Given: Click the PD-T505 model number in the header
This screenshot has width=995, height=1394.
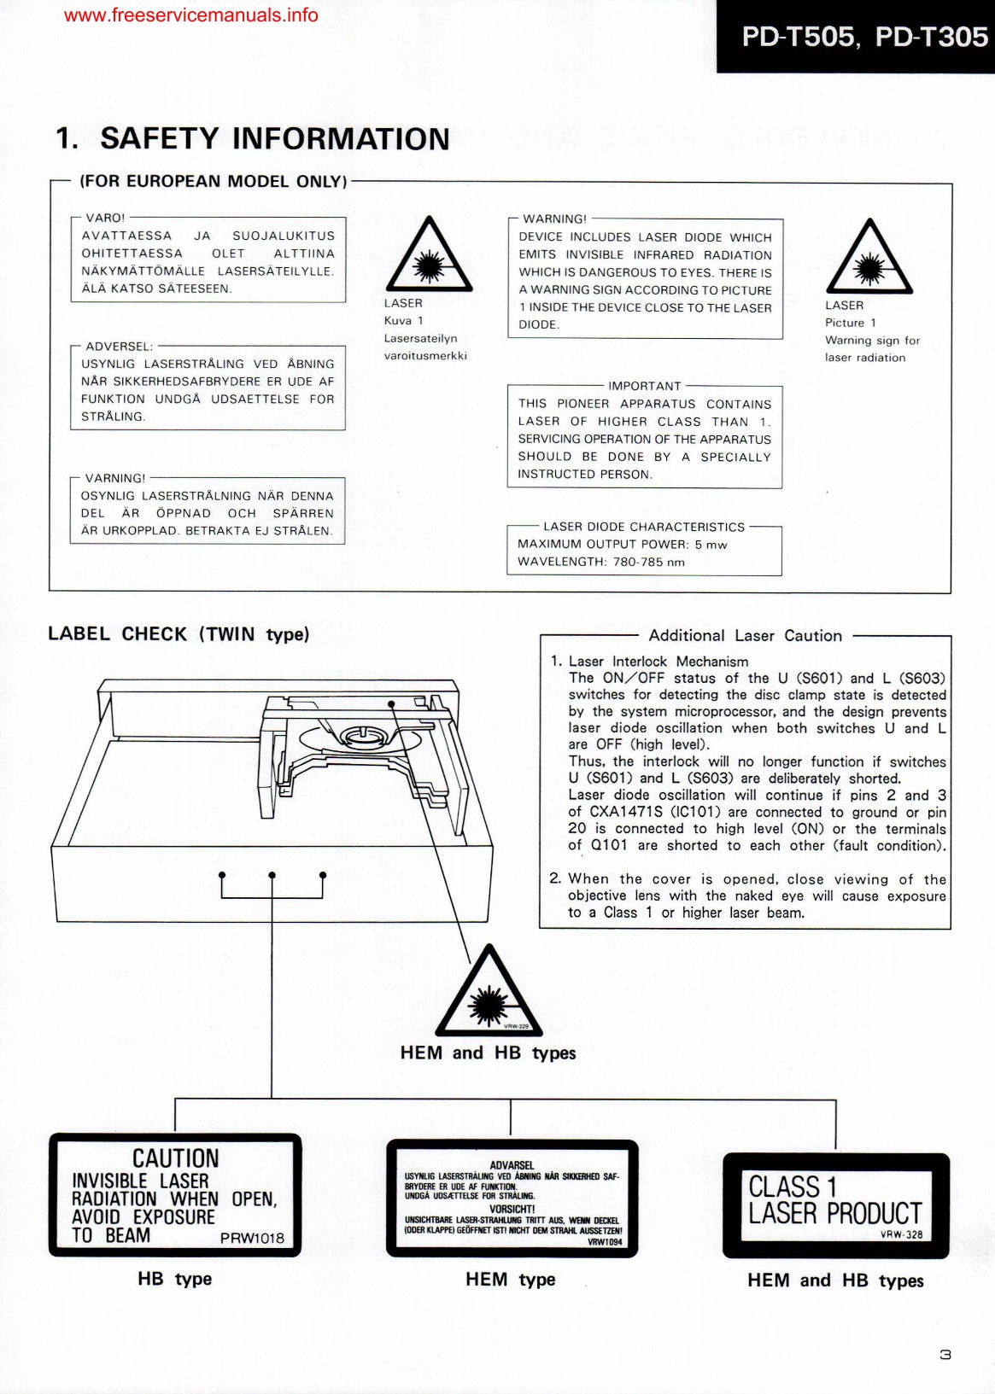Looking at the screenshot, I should [x=796, y=37].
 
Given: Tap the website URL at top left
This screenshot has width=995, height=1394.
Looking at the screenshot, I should [x=190, y=15].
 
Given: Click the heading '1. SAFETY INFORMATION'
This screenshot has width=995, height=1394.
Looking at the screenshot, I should [x=252, y=138].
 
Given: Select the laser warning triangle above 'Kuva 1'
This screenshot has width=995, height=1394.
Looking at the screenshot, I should [x=428, y=255].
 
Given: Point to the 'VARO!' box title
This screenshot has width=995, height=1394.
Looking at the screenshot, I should [x=105, y=218].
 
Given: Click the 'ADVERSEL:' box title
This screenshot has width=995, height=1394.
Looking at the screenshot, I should [x=119, y=346].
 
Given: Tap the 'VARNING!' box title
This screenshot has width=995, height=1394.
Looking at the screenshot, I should [x=115, y=478].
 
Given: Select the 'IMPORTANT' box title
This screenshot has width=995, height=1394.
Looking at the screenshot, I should [x=644, y=386].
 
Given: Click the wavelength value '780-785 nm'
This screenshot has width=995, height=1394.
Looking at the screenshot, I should [x=648, y=562].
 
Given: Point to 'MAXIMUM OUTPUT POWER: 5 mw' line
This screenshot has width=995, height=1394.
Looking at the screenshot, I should [x=622, y=545].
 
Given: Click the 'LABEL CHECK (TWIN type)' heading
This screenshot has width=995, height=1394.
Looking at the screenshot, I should [x=179, y=634].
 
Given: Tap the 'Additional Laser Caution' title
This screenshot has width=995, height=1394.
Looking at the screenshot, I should [x=745, y=635].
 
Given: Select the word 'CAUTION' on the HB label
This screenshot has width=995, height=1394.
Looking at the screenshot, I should [x=175, y=1158].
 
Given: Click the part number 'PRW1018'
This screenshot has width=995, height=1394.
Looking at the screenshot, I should [x=252, y=1238].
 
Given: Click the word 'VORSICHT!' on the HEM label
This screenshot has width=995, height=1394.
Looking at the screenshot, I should [x=512, y=1209].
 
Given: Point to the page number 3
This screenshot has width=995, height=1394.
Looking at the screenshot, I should [x=945, y=1354].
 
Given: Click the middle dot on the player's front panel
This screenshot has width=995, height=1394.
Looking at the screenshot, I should [x=272, y=875].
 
